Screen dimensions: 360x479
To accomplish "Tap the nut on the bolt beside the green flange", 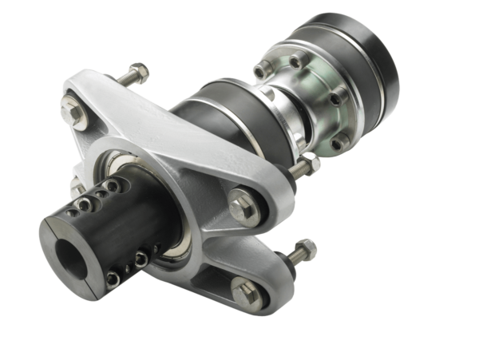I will tap(310, 165).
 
